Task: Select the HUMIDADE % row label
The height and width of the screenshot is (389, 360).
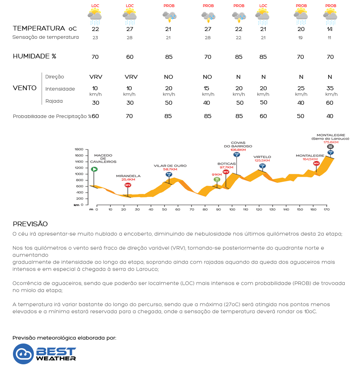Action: point(35,56)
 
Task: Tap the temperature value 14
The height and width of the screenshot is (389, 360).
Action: point(330,29)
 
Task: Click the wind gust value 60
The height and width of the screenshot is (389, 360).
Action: point(330,103)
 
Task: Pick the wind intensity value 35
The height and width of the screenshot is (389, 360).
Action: point(330,88)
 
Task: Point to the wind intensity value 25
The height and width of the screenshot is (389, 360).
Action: point(301,88)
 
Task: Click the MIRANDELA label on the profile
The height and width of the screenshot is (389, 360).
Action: point(128,176)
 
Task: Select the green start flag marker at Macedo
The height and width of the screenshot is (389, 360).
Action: point(94,169)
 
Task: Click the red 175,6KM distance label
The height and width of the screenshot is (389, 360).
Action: point(330,142)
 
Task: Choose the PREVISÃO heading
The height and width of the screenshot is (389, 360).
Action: point(30,224)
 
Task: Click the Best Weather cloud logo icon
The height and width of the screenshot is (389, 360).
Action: point(23,354)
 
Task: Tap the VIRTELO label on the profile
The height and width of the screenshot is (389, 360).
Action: point(262,157)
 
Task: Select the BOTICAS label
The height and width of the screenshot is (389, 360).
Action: point(227,164)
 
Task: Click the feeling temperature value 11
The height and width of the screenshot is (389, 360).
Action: point(330,38)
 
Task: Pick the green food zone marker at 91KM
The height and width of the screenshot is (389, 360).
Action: point(217,180)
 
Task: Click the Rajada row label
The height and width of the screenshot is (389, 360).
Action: point(54,101)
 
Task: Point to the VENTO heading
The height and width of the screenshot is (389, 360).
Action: point(25,88)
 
